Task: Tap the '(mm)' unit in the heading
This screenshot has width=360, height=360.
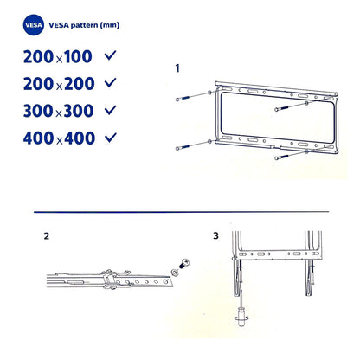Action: coord(107,26)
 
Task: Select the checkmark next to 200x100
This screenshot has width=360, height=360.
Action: coord(110,55)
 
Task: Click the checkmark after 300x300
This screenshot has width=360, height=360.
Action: coord(110,110)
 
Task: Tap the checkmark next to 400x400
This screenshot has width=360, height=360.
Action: coord(110,138)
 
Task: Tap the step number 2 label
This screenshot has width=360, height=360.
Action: coord(46,235)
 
